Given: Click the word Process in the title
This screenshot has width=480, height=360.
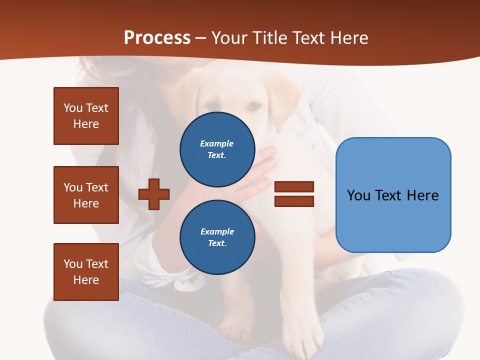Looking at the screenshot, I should click(157, 38).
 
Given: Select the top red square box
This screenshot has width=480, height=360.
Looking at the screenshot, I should click(86, 116).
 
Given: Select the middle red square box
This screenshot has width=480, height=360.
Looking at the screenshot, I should click(86, 195).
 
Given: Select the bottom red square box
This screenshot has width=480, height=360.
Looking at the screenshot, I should click(86, 272).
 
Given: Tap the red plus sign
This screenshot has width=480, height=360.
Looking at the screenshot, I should click(154, 194).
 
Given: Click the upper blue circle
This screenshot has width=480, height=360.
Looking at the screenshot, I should click(217, 149).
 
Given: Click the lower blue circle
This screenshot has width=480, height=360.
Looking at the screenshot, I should click(217, 237).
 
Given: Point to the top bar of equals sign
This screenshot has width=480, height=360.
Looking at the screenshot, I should click(294, 186).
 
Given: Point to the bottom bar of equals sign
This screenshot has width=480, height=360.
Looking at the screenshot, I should click(294, 201).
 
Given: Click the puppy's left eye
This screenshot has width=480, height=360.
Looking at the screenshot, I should click(212, 105).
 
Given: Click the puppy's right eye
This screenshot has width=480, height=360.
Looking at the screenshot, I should click(254, 106).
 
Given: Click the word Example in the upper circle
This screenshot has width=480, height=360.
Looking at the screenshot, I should click(217, 143).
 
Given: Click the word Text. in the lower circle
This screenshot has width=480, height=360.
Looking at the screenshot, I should click(217, 243).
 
